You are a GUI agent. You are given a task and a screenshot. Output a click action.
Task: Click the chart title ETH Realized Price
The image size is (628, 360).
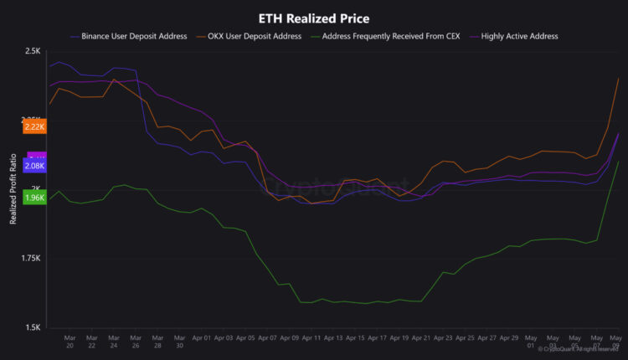pyautogui.click(x=314, y=18)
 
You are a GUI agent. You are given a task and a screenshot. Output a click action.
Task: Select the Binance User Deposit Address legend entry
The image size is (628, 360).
pyautogui.click(x=135, y=36)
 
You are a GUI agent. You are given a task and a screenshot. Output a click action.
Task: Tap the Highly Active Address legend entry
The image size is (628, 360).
pyautogui.click(x=520, y=36)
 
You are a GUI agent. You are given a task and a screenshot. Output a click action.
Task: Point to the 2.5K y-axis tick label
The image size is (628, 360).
pyautogui.click(x=33, y=51)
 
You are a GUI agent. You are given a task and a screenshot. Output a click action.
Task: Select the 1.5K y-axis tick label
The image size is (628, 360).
pyautogui.click(x=33, y=327)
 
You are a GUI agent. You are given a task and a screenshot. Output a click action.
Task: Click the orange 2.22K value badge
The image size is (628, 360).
pyautogui.click(x=34, y=126)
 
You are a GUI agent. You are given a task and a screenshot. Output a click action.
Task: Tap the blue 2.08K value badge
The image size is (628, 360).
pyautogui.click(x=34, y=166)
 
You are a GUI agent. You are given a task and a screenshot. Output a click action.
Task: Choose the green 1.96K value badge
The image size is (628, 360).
pyautogui.click(x=34, y=198)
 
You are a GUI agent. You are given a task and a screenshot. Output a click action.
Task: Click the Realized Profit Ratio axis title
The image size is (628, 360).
pyautogui.click(x=13, y=189)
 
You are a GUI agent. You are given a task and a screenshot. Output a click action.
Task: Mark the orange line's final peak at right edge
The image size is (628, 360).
pyautogui.click(x=618, y=78)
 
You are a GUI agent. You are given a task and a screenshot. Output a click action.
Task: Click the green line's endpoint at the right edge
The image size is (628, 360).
pyautogui.click(x=618, y=162)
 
